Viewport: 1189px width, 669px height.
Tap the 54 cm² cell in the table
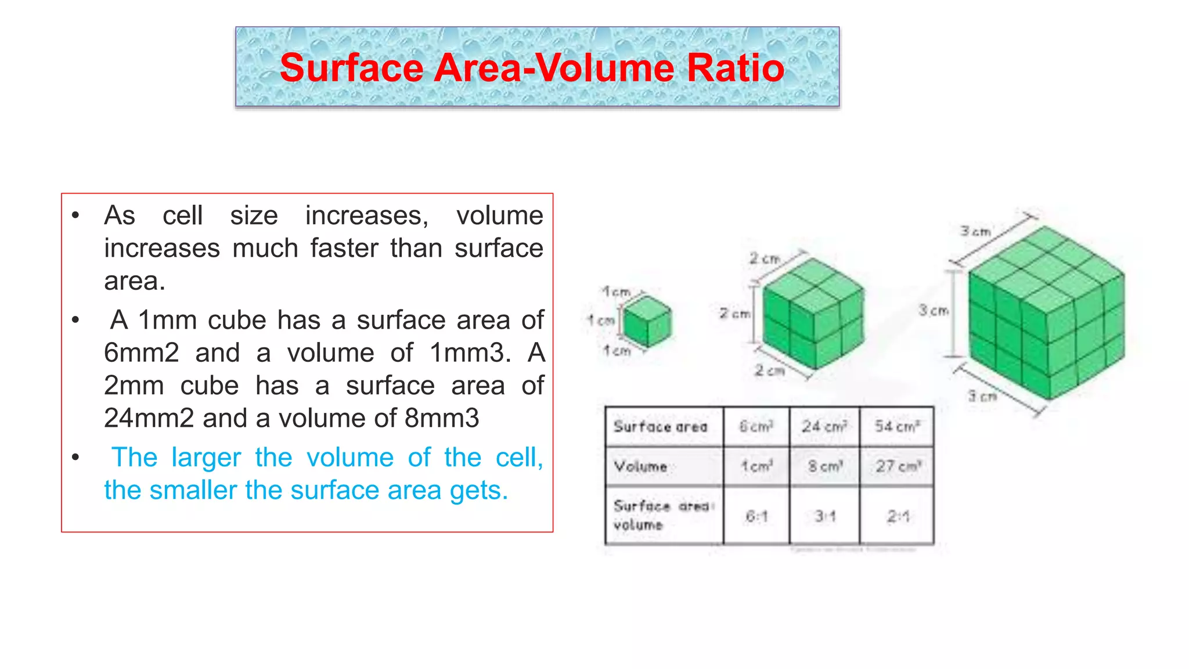pos(897,427)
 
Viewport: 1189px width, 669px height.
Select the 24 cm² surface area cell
pos(824,427)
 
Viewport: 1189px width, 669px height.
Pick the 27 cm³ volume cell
pos(898,466)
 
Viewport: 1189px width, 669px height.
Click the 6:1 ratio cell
pos(756,516)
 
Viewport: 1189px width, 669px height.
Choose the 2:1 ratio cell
pos(898,516)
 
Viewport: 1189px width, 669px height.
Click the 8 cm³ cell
pos(824,466)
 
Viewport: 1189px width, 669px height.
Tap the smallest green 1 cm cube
pos(647,321)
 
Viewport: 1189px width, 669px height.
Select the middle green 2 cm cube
pos(813,314)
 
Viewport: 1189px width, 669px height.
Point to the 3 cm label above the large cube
pos(975,231)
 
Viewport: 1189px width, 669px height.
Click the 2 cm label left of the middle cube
pos(734,314)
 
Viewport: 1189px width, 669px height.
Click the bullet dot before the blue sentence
pos(75,458)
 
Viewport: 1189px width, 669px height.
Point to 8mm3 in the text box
pos(441,418)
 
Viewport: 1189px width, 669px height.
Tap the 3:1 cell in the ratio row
pos(824,516)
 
